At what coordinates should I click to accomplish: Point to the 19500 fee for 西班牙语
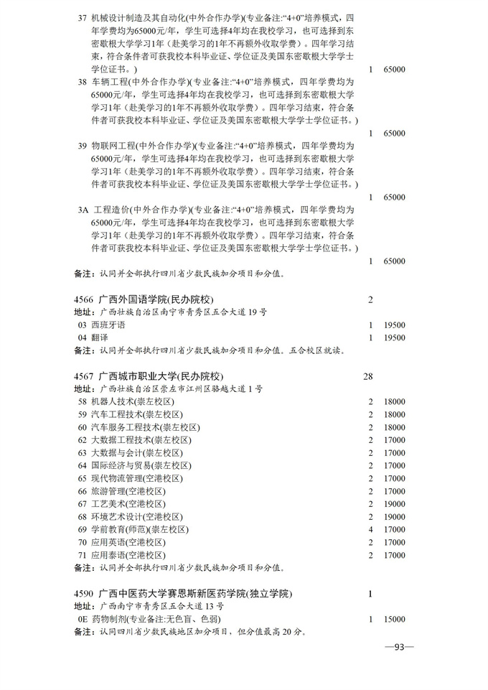click(x=395, y=325)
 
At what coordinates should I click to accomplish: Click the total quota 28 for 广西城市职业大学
click(x=370, y=376)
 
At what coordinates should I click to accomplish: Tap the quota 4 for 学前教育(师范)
click(x=370, y=529)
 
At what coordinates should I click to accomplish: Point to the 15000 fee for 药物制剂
click(x=395, y=619)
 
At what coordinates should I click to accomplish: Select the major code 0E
click(x=82, y=619)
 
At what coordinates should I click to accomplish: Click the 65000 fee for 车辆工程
click(x=395, y=134)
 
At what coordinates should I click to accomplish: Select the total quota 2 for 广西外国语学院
click(x=370, y=299)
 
